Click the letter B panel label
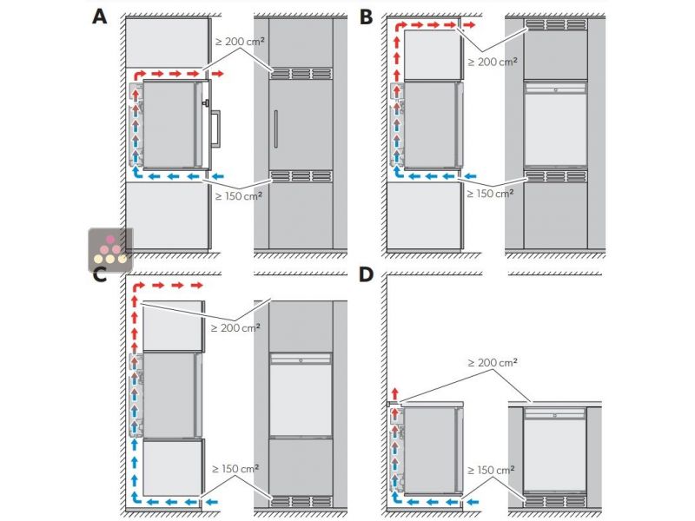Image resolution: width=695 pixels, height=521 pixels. tap(367, 16)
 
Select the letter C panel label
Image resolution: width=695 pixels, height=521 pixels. tap(101, 276)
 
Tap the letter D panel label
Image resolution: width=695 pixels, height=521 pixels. tap(367, 276)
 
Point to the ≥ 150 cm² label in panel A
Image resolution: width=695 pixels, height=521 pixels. tap(239, 196)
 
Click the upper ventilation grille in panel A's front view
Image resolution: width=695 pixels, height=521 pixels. tap(301, 73)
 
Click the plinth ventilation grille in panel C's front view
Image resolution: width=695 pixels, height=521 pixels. tap(301, 501)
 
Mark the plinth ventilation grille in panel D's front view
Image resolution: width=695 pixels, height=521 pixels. tap(555, 501)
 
